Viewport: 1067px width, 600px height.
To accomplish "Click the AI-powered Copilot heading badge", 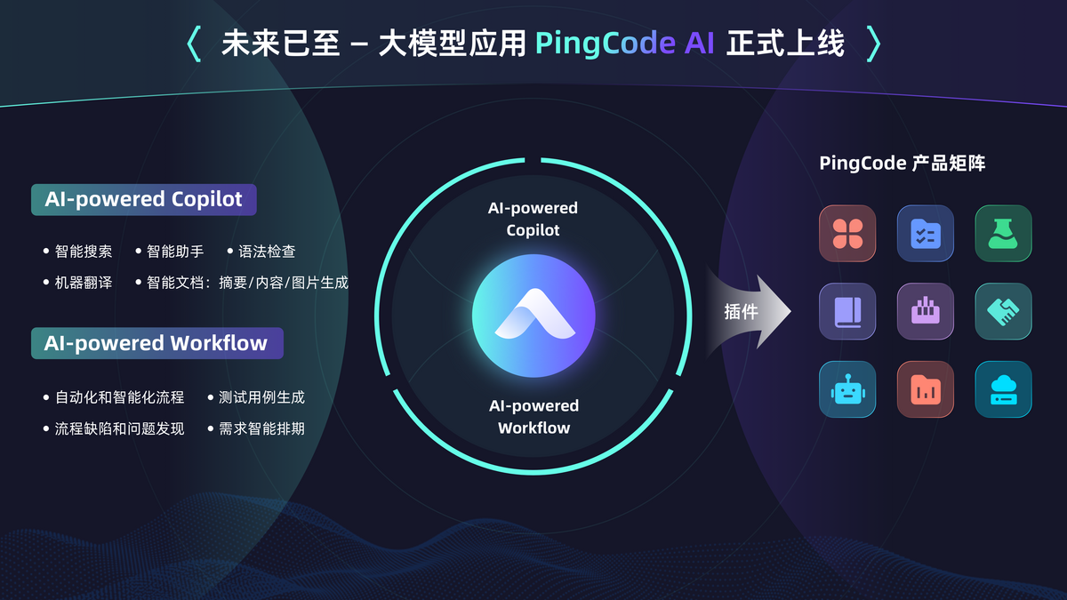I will click(143, 199).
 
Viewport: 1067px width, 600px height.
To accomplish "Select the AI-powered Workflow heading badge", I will click(156, 343).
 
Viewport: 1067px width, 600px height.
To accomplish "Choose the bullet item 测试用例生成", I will click(261, 397).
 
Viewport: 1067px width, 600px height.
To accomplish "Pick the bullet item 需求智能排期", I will click(261, 428).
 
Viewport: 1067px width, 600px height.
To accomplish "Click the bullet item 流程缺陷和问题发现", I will click(119, 428).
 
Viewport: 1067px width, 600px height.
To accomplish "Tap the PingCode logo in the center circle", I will click(533, 315).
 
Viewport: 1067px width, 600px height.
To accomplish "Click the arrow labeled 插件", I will click(748, 312).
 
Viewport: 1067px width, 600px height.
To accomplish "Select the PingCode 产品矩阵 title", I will click(902, 164).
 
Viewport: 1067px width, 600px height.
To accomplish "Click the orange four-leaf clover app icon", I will click(847, 234).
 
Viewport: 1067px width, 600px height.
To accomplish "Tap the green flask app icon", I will click(1003, 234).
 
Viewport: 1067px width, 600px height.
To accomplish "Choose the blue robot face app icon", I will click(847, 389).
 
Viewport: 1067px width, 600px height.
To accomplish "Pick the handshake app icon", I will click(1003, 311).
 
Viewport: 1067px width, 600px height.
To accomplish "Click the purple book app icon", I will click(847, 311).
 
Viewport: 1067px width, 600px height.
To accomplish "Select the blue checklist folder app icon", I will click(926, 234).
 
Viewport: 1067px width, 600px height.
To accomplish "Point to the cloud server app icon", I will click(1003, 389).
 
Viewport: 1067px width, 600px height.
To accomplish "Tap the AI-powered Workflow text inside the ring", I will click(533, 417).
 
